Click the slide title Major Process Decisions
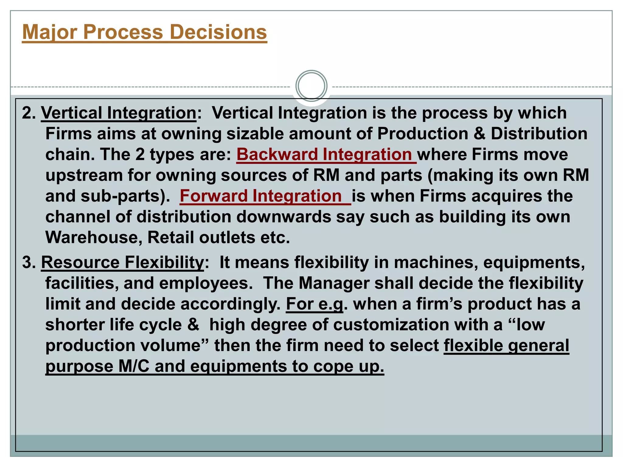click(x=144, y=32)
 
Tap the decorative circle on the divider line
click(x=311, y=86)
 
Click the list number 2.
click(x=29, y=113)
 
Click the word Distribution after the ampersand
click(x=539, y=134)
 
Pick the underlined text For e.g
click(x=314, y=304)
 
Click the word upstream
click(x=84, y=175)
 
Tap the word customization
click(x=391, y=325)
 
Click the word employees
click(x=206, y=283)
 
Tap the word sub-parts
click(x=120, y=196)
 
